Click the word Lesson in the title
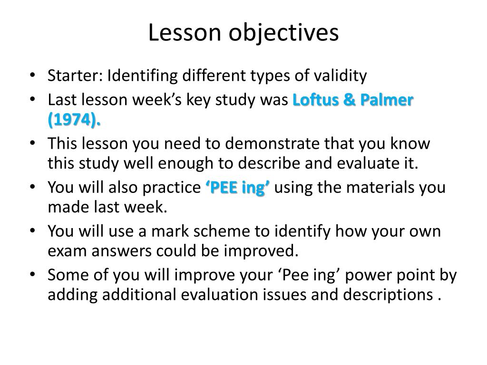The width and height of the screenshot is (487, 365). [x=174, y=33]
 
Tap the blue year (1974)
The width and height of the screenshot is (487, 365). [x=74, y=120]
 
